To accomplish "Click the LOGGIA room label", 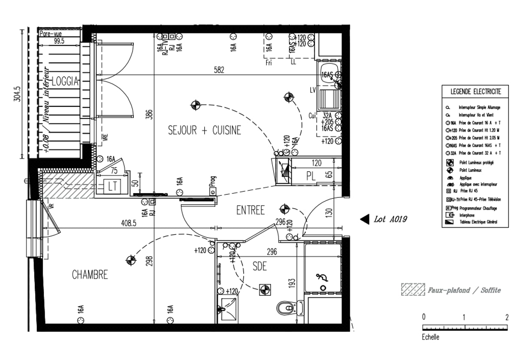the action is coord(65,81).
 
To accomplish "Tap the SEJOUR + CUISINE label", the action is coord(204,130).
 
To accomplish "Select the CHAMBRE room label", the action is coord(90,275).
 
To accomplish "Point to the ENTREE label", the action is coord(251,210).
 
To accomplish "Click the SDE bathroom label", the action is coord(260,266).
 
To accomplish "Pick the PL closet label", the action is coord(311,175).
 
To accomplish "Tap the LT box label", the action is coord(113,186).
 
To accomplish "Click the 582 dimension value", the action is coord(219,70).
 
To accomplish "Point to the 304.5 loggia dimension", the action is coord(18,94).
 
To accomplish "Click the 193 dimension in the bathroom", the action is coord(292,283).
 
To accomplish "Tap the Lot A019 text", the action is coord(390,219).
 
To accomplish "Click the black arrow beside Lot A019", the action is coord(364,219).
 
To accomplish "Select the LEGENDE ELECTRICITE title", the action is coord(475,91).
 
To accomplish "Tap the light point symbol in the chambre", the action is coord(130,260).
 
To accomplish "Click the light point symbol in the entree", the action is coord(284,209).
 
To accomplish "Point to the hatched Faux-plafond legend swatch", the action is coord(413,290).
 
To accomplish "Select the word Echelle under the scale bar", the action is coord(431,337).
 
